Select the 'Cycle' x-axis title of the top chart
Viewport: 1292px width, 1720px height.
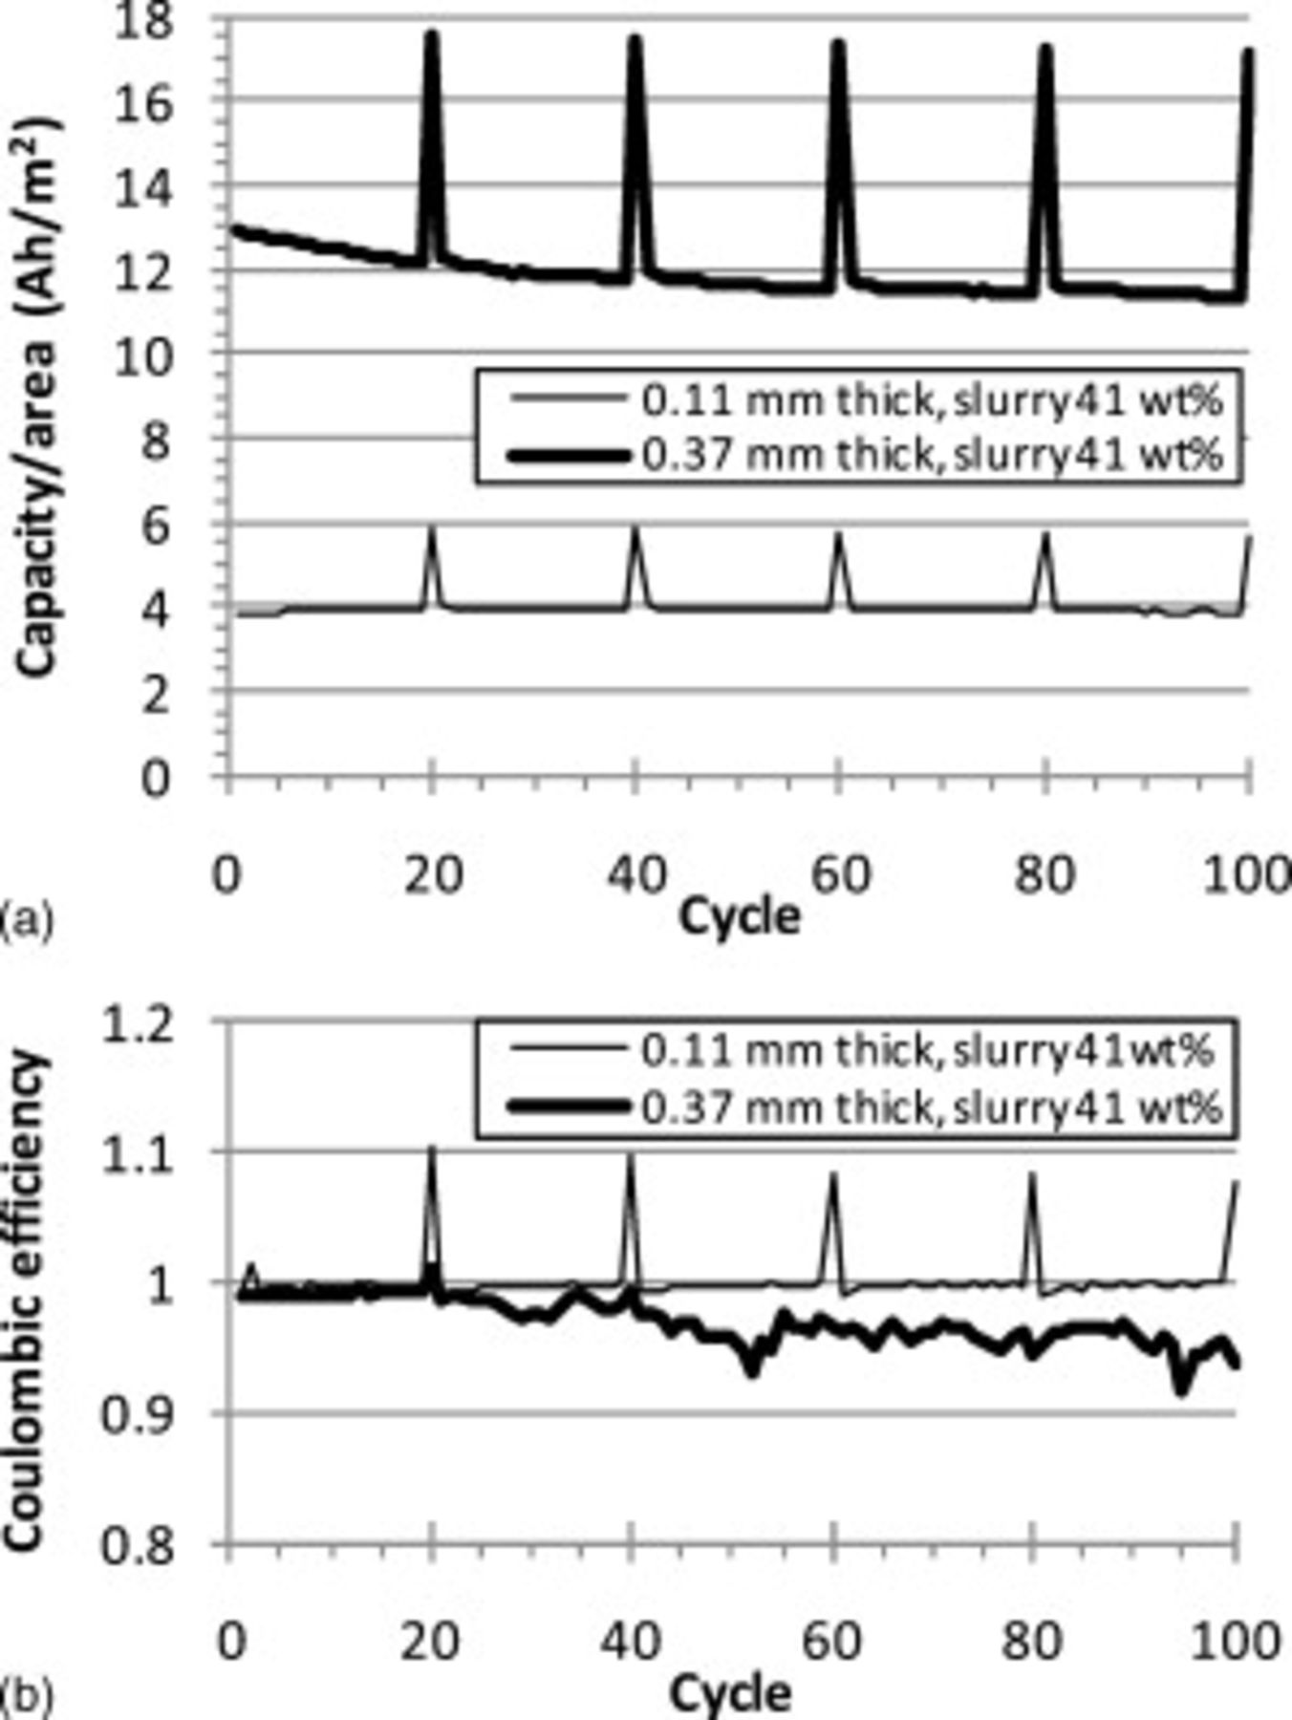(739, 918)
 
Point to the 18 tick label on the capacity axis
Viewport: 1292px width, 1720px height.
(143, 21)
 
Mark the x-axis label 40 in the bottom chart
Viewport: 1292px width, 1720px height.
(632, 1642)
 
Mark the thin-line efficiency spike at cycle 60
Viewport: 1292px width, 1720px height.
(832, 1176)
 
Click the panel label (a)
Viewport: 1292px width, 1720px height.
(27, 921)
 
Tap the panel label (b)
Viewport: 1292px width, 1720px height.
(27, 1699)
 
